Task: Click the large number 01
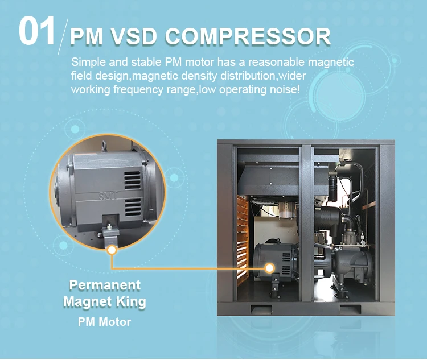pyautogui.click(x=37, y=31)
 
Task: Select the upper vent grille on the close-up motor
pyautogui.click(x=133, y=180)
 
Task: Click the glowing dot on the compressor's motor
pyautogui.click(x=270, y=267)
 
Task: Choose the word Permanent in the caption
pyautogui.click(x=105, y=284)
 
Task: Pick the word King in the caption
pyautogui.click(x=130, y=301)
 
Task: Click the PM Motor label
pyautogui.click(x=104, y=322)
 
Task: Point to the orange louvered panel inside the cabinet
pyautogui.click(x=243, y=227)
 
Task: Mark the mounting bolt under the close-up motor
pyautogui.click(x=109, y=227)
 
